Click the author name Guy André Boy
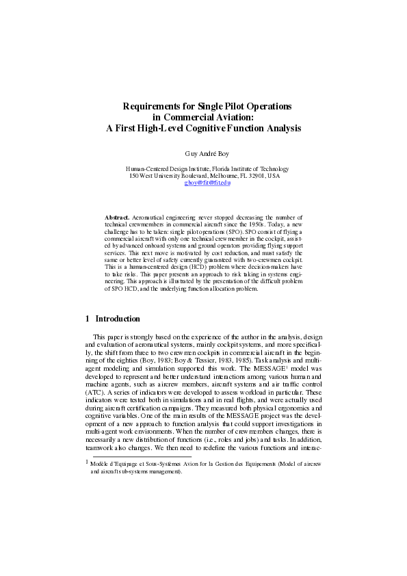203,154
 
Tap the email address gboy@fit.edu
208,183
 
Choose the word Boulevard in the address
188,176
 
